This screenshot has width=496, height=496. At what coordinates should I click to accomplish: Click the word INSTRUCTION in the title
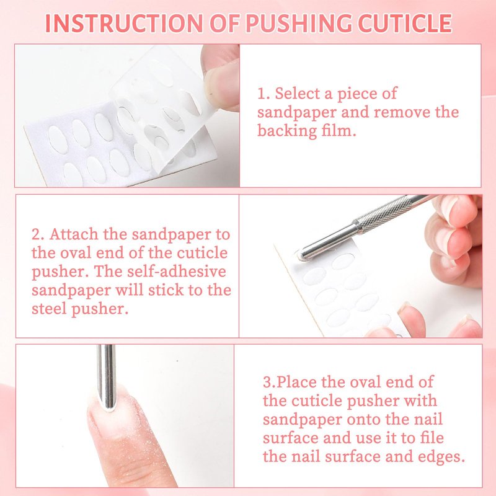(x=124, y=24)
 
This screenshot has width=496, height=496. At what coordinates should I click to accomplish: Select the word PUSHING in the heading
(x=299, y=24)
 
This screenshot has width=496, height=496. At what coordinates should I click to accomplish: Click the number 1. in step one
(x=263, y=94)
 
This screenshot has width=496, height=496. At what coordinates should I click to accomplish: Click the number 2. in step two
(x=38, y=234)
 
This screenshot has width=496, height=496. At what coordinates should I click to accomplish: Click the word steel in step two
(x=49, y=308)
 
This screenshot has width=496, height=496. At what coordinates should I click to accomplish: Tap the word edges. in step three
(x=441, y=456)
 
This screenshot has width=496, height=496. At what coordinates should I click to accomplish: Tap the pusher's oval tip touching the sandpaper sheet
(x=304, y=254)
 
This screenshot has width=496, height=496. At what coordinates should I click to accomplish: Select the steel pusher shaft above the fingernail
(x=106, y=377)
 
